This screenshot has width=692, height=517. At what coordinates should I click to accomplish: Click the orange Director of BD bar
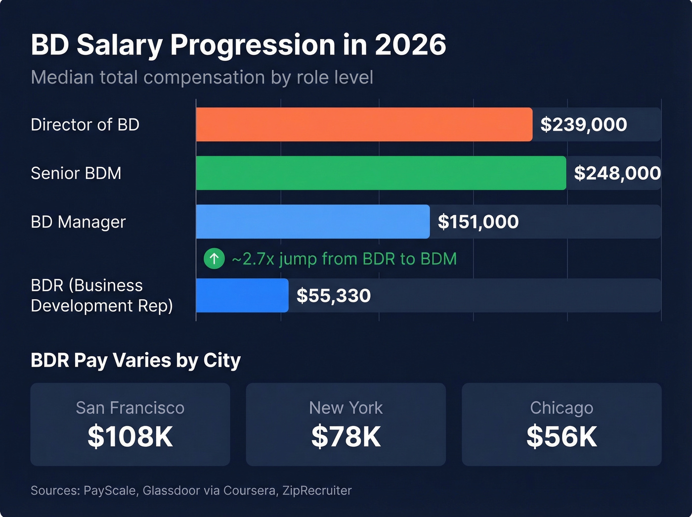364,125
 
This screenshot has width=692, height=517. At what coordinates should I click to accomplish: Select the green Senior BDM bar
381,173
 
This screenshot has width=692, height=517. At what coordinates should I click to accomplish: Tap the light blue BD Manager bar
312,222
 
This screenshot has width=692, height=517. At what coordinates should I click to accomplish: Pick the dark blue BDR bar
242,295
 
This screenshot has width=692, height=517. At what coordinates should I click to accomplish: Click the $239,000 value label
583,125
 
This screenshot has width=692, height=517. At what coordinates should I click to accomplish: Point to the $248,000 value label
617,173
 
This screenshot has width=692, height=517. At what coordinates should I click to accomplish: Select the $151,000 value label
478,222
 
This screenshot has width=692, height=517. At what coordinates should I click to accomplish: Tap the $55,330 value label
333,295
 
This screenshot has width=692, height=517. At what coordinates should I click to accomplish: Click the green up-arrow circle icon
214,258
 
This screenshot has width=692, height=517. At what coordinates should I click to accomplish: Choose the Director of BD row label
85,125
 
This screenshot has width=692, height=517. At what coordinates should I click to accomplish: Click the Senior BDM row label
76,173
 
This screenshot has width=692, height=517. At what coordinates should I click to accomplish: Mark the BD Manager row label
78,222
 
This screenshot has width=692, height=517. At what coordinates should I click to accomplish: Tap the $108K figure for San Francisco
130,436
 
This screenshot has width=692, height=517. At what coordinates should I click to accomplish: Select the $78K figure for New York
346,436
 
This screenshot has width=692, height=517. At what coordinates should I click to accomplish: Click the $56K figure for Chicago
562,436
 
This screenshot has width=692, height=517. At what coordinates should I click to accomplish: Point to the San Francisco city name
130,408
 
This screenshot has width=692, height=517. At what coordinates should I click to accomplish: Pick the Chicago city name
562,408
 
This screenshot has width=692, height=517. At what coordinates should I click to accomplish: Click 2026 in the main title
410,45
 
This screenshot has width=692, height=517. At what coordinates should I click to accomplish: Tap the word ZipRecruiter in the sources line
317,490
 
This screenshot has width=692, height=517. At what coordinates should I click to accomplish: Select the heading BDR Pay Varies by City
135,360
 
